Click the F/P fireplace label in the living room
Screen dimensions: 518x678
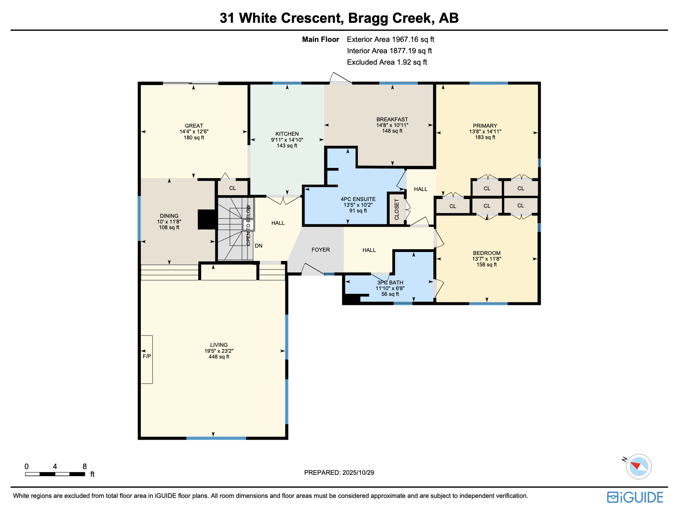[x=146, y=356]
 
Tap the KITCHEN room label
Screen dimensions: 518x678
[x=287, y=134]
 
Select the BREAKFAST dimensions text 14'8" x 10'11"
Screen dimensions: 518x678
[x=392, y=125]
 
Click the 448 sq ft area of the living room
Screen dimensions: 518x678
[x=219, y=357]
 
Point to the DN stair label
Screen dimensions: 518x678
[x=259, y=246]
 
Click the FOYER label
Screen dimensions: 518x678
[x=320, y=250]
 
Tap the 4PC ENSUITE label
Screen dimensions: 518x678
[x=358, y=199]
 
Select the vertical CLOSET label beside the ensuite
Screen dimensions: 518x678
[x=397, y=209]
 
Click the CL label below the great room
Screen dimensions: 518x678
[x=233, y=188]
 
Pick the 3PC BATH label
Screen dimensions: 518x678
[x=390, y=283]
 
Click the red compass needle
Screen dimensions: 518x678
[x=636, y=466]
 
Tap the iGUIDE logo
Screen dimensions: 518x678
[x=635, y=497]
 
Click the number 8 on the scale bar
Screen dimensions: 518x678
[x=85, y=466]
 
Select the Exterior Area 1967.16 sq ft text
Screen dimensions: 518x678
[x=390, y=39]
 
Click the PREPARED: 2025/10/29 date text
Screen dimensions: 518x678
[x=339, y=472]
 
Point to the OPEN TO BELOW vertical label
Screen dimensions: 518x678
[x=248, y=225]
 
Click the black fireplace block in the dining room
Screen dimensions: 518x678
[x=207, y=220]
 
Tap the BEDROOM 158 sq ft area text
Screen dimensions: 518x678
[x=486, y=265]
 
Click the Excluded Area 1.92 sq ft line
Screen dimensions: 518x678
[x=387, y=62]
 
